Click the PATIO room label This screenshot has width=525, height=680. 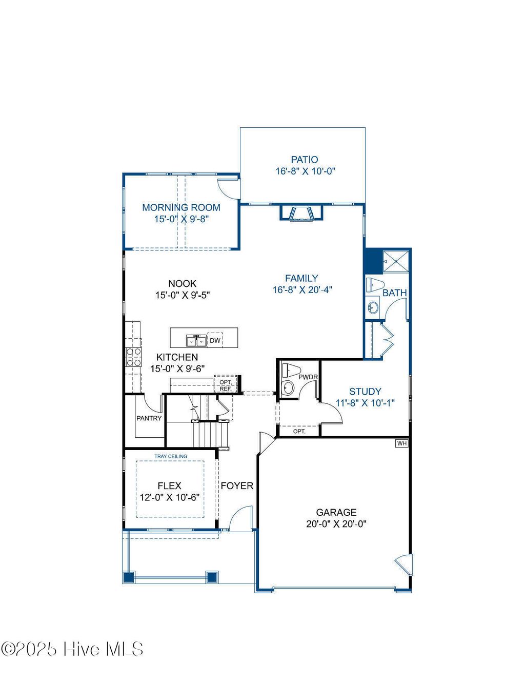coord(305,160)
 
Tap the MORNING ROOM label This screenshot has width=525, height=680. coord(181,207)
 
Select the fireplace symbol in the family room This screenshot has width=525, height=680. coord(301,213)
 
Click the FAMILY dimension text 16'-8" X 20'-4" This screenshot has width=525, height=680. coord(302,290)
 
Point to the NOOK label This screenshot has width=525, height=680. coord(183,283)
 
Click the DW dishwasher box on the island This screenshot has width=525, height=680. coord(215,340)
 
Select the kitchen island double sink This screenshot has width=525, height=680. coord(196,340)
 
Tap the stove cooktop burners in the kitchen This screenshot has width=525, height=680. coord(134,357)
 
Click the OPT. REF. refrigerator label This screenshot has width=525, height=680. coord(226,385)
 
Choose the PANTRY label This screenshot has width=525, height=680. coord(149,418)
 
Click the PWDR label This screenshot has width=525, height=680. coord(308,377)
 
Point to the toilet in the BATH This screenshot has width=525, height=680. coord(375,284)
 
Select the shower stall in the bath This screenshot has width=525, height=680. coord(396,261)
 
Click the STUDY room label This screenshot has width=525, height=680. coord(365,391)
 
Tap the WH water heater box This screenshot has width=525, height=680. coord(402,443)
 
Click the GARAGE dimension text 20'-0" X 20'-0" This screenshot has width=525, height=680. coord(336,524)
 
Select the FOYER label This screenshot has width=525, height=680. coord(237,485)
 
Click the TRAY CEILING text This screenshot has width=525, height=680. coord(171,456)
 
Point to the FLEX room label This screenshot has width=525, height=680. coord(169,485)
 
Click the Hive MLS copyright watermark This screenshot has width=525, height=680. coord(72,649)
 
